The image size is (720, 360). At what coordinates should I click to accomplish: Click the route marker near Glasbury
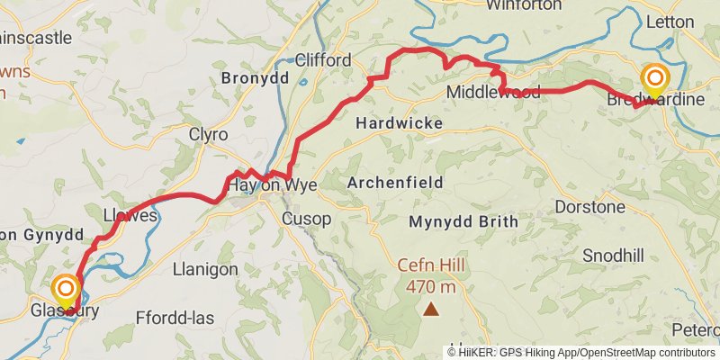66,290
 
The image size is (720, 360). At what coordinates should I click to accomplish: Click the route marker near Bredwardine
653,78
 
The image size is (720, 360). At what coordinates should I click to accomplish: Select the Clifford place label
323,59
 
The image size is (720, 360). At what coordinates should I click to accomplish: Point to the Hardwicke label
399,122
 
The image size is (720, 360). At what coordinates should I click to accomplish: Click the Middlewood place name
493,93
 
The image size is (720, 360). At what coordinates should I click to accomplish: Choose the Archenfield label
394,183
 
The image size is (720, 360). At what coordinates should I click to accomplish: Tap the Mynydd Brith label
463,221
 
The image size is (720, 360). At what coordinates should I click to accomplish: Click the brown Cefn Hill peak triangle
432,310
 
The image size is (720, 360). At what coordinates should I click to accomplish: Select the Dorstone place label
589,207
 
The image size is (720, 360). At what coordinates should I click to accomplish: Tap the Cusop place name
306,219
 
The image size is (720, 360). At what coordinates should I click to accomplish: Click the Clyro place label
208,134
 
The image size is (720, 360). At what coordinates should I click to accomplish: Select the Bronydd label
255,78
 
